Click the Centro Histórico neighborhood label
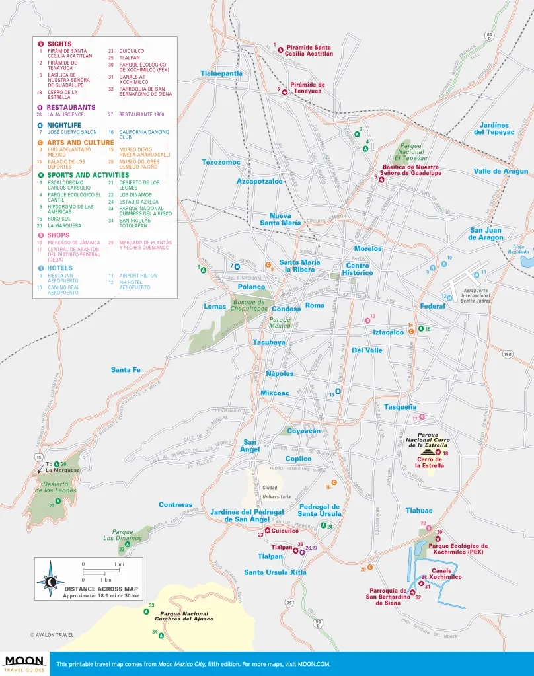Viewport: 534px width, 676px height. point(358,269)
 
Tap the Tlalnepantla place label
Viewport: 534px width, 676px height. point(221,73)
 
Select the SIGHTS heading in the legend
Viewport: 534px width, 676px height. point(59,44)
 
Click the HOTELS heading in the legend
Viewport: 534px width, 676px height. point(60,268)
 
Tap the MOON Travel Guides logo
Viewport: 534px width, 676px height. point(24,663)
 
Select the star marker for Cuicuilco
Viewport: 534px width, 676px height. point(268,530)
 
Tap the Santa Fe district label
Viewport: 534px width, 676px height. point(126,369)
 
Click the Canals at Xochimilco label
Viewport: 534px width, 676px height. point(442,573)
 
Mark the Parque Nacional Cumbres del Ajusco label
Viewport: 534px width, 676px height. point(177,616)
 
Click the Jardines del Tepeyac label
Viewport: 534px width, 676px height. point(494,128)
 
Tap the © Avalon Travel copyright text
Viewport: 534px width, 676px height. point(52,635)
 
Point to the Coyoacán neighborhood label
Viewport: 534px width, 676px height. point(303,431)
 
